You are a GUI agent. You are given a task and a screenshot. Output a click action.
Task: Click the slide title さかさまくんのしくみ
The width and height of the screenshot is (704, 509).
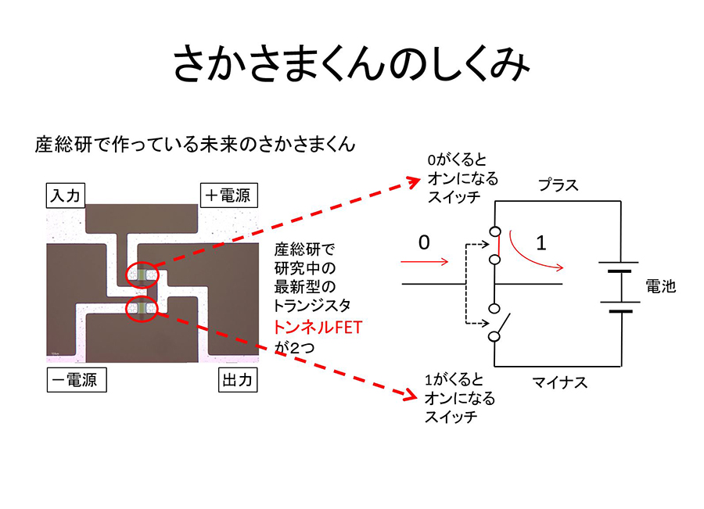pyautogui.click(x=351, y=63)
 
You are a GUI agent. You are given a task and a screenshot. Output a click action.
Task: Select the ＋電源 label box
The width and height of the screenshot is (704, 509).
pyautogui.click(x=229, y=195)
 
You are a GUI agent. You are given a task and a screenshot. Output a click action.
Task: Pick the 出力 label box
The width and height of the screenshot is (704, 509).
pyautogui.click(x=235, y=381)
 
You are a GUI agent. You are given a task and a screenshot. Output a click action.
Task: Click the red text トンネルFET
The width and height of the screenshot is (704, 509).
pyautogui.click(x=318, y=328)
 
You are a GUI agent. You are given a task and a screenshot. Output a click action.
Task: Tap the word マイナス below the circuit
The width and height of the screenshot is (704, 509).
pyautogui.click(x=559, y=382)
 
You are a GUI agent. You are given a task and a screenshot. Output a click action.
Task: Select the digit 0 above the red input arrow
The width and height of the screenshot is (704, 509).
pyautogui.click(x=424, y=243)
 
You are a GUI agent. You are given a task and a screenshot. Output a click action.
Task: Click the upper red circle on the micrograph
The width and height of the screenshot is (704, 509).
pyautogui.click(x=143, y=274)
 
